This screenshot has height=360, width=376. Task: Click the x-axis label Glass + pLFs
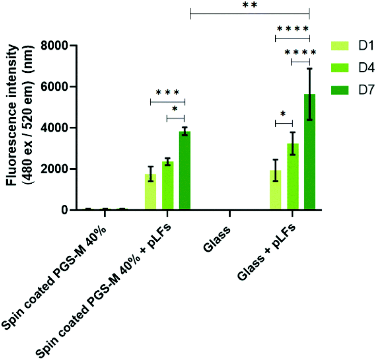click(x=268, y=249)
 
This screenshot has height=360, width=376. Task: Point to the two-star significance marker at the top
click(x=249, y=6)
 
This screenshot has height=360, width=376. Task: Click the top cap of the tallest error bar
click(x=310, y=69)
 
